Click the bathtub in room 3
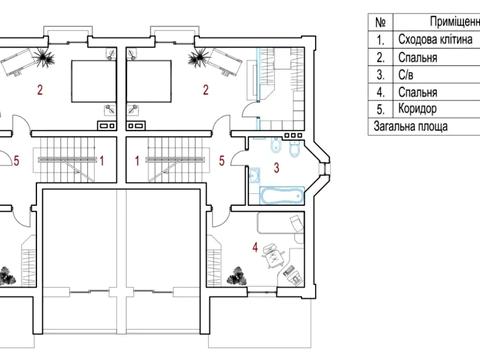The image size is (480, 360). tap(282, 195)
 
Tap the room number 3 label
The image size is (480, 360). tap(276, 168)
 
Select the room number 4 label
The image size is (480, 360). tap(255, 248)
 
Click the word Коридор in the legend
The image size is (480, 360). tap(417, 109)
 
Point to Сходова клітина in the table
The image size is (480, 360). tap(435, 39)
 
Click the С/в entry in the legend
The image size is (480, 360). tap(406, 75)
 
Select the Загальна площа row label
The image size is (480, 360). tap(410, 126)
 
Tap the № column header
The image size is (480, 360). tap(380, 22)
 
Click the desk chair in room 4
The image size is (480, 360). tap(273, 256)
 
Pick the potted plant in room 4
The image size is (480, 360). tap(238, 275)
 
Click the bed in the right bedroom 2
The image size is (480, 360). tap(149, 81)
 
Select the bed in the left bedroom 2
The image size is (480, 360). tap(94, 81)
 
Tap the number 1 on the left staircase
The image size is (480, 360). tap(102, 161)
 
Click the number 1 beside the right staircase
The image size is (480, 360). tap(137, 161)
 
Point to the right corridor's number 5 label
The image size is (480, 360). tap(222, 161)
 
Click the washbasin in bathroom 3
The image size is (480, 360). tap(255, 175)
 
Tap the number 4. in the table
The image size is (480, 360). tap(380, 92)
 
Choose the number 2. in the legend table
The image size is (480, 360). tap(380, 57)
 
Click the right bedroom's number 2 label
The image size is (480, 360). tap(206, 90)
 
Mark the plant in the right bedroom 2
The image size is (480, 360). tap(199, 57)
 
